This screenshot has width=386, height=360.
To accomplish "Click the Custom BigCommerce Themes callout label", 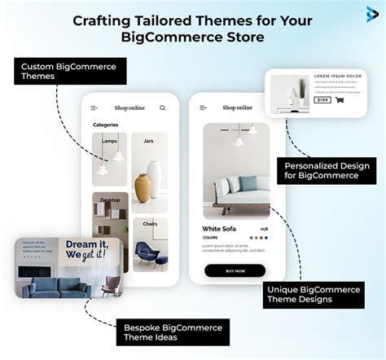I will click(x=69, y=71).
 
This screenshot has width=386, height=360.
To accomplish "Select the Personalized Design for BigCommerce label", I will click(x=326, y=170).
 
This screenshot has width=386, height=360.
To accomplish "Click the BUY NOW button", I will click(x=235, y=270).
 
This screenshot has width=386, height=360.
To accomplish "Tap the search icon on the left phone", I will click(x=162, y=108).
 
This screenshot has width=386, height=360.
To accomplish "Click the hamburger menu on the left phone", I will click(x=94, y=108).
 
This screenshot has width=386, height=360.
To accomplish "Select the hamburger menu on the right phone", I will click(x=203, y=108).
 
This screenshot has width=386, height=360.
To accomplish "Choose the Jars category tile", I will click(x=150, y=160).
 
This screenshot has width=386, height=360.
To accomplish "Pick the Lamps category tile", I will click(x=110, y=160).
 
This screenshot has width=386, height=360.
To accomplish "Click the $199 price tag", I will click(x=323, y=100).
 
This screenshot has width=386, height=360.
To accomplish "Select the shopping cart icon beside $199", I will click(x=340, y=100).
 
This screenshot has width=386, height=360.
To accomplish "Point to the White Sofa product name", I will click(x=220, y=229).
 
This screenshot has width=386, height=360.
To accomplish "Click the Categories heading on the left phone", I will click(x=106, y=125).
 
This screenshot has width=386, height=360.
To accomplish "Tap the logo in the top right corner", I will click(x=372, y=11).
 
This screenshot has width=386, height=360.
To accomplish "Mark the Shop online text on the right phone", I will click(x=237, y=108).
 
